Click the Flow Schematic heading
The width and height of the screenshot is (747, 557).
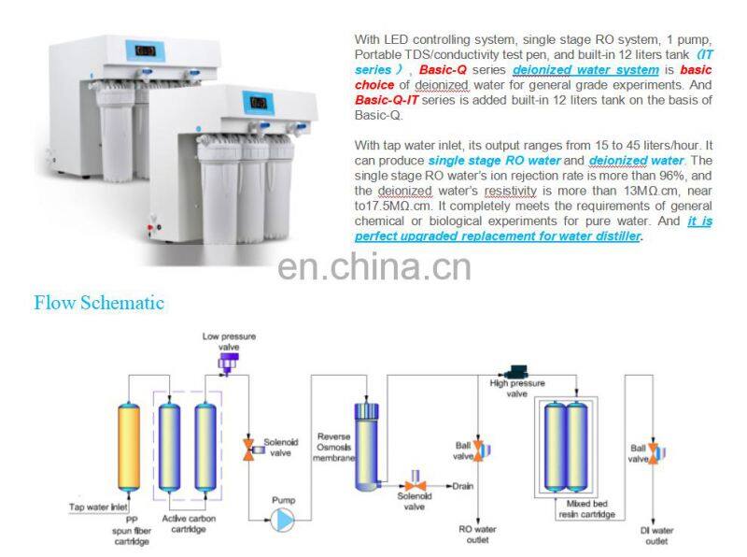tap(99, 303)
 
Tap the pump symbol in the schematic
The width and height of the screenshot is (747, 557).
tap(283, 520)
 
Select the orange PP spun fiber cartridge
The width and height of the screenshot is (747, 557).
tap(129, 448)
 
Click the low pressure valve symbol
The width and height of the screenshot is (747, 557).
tap(228, 364)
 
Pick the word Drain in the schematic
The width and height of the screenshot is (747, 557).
tap(462, 486)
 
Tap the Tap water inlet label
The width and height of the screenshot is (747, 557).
tap(98, 507)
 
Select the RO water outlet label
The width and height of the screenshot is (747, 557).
tap(477, 535)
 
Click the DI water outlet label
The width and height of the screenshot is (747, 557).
tap(656, 536)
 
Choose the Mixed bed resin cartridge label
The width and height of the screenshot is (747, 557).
tap(587, 508)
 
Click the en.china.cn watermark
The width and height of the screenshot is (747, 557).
tap(374, 267)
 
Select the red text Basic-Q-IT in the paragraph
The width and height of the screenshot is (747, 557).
tap(387, 100)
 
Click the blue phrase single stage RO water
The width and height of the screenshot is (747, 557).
tap(495, 160)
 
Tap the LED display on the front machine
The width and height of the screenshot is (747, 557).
tap(258, 103)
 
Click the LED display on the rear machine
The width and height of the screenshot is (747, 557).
tap(145, 50)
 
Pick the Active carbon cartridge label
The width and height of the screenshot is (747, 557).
tap(189, 523)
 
